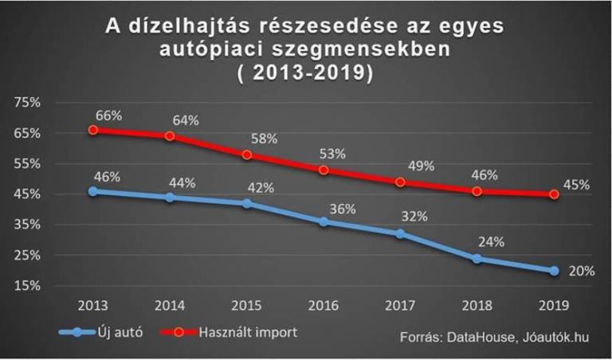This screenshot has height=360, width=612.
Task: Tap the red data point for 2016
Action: (324, 170)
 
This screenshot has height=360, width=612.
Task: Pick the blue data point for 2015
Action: (247, 204)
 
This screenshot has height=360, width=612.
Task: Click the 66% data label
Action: (108, 115)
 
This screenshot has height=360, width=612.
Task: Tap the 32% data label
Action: (414, 216)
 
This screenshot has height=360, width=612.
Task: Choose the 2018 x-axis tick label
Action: (477, 307)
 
